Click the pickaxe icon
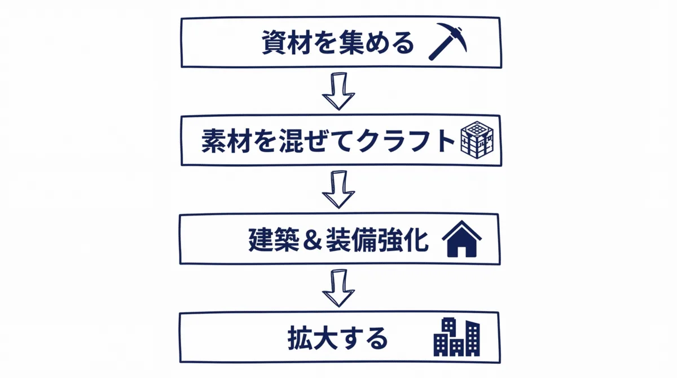447,41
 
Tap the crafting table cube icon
477,140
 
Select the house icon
461,239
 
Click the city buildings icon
456,337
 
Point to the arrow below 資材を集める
338,91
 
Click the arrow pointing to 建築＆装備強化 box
338,190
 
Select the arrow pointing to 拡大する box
338,288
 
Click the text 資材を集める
338,43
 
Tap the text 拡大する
337,338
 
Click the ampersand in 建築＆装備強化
313,240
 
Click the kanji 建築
274,240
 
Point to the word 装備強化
377,240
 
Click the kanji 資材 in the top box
287,43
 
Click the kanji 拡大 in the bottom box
313,338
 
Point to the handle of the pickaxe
441,48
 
